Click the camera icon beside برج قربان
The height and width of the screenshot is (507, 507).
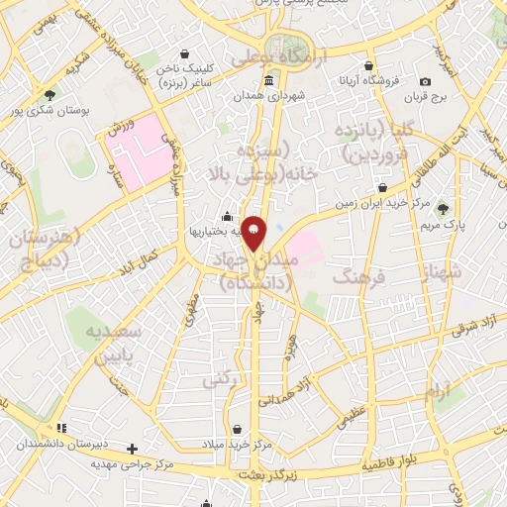pyautogui.click(x=425, y=81)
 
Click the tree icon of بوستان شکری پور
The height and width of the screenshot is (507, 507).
pyautogui.click(x=50, y=95)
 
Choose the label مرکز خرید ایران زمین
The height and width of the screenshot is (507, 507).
pyautogui.click(x=382, y=204)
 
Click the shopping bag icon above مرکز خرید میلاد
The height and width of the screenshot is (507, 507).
pyautogui.click(x=238, y=429)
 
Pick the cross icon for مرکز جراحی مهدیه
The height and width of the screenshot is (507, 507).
pyautogui.click(x=132, y=449)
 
